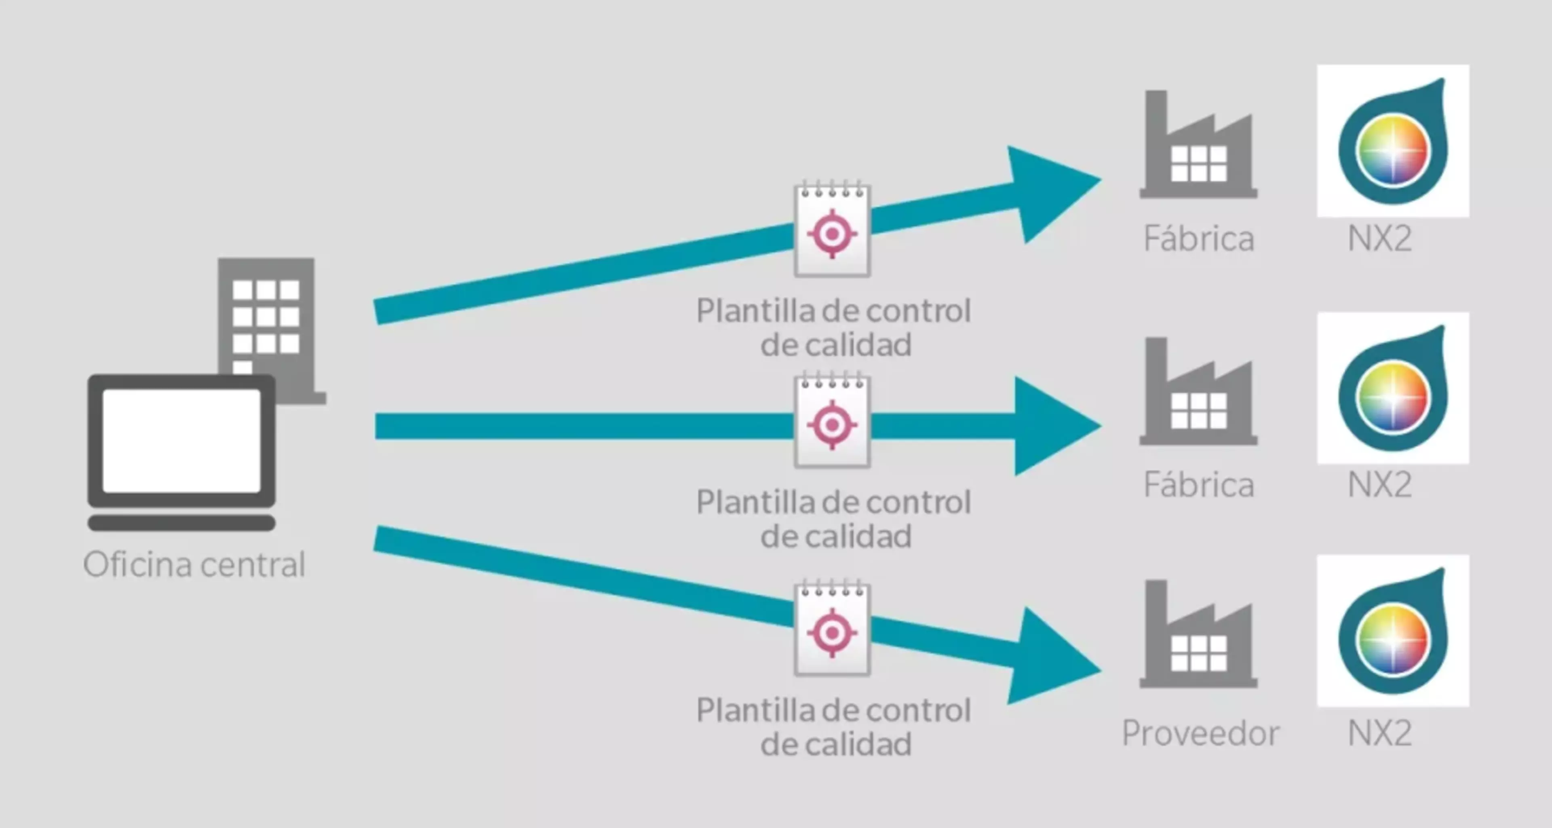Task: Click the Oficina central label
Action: coord(194,565)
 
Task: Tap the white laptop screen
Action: coord(181,441)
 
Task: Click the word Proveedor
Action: coord(1200,734)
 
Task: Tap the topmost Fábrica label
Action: coord(1199,239)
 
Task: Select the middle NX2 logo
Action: coord(1393,389)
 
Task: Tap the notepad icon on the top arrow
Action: coord(832,230)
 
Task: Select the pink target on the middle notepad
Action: coord(832,425)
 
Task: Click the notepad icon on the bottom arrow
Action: coord(832,630)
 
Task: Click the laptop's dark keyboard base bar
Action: coord(181,522)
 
